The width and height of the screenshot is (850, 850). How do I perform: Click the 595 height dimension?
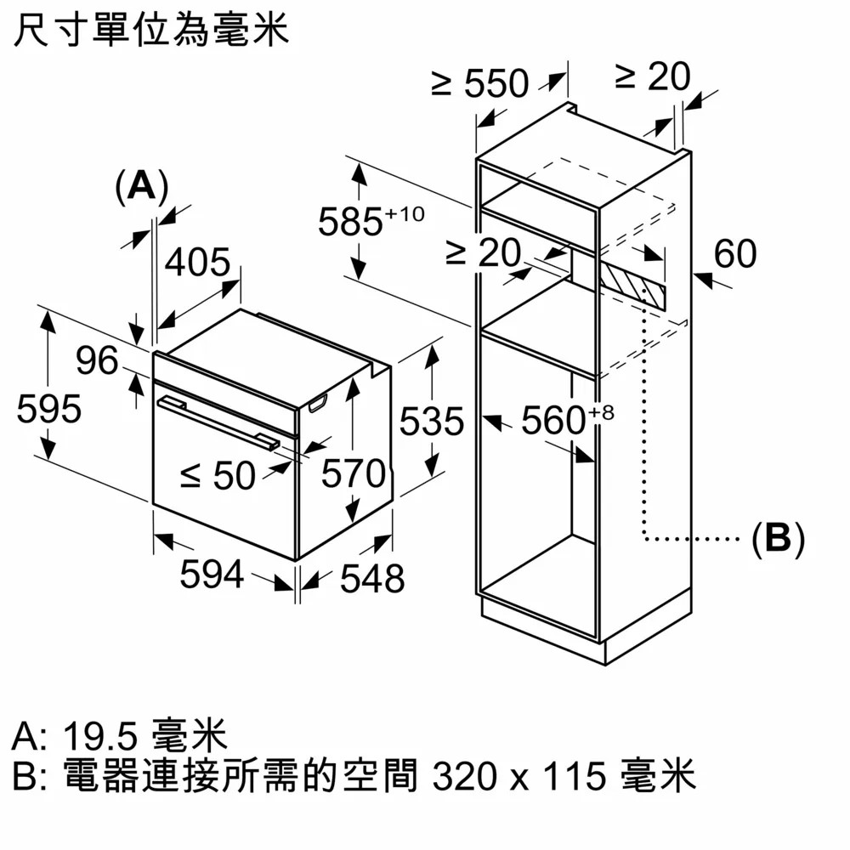coord(49,410)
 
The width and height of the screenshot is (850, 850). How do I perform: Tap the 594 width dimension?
coord(212,575)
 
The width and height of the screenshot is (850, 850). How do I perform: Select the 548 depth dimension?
coord(372,579)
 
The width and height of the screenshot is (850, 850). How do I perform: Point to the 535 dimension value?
coord(432,422)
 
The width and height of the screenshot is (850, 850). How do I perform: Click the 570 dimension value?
coord(353,474)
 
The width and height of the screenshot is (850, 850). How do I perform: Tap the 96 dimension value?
coord(97,361)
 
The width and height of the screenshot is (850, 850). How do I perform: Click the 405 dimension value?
coord(197,263)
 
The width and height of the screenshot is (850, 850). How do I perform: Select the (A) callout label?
coord(141,185)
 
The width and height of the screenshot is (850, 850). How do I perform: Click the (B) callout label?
coord(778,539)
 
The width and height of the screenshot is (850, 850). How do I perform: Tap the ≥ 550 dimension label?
coord(480,83)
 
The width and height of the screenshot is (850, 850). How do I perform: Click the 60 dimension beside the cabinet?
coord(734,253)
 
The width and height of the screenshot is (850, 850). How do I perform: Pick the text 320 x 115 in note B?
coord(519,776)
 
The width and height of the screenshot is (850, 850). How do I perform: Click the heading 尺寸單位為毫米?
coord(151,31)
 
